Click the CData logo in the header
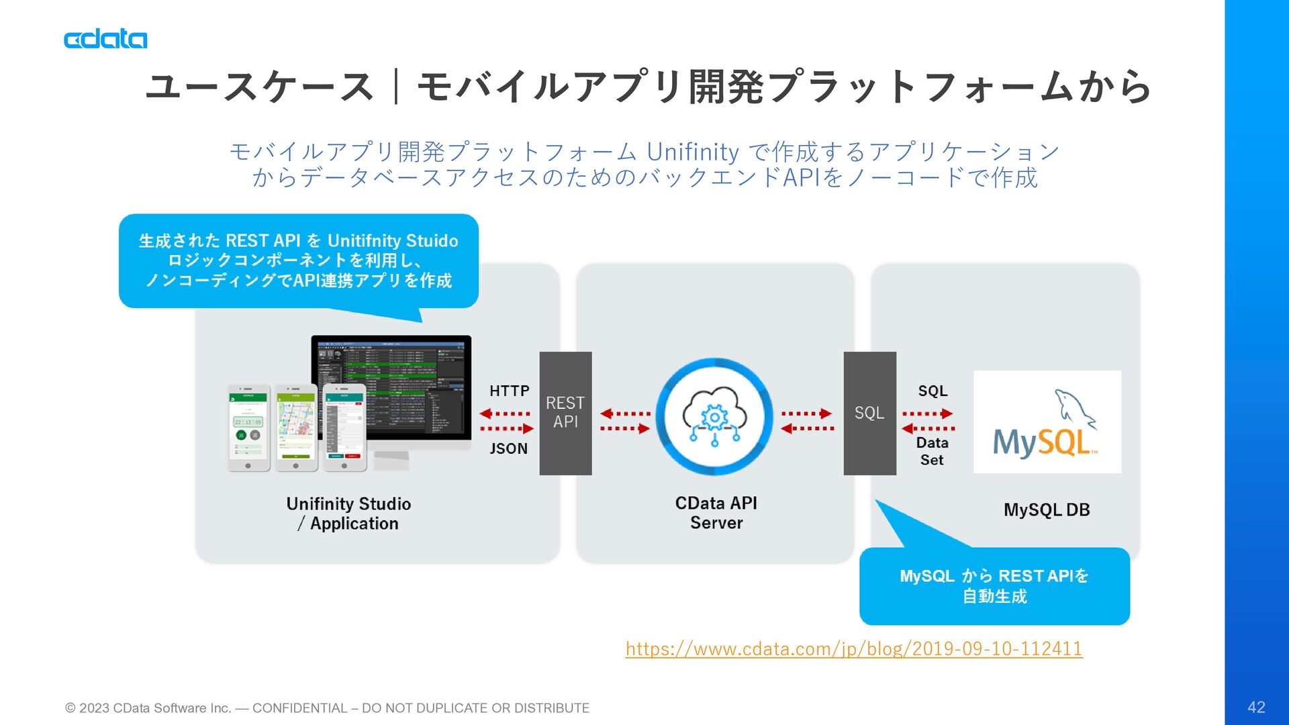(x=105, y=39)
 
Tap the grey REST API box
(x=565, y=413)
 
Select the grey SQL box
(x=869, y=413)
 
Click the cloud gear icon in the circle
(x=714, y=417)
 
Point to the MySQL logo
(x=1047, y=422)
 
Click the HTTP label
(x=509, y=391)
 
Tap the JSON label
(x=508, y=448)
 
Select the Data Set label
(x=932, y=451)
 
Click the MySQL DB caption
(x=1046, y=510)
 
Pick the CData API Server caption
(x=716, y=513)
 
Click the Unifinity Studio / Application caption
(x=348, y=514)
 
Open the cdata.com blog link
(x=853, y=648)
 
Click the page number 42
(x=1256, y=707)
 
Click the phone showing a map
(x=296, y=427)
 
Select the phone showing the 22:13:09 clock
(x=248, y=427)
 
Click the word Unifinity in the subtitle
(x=692, y=152)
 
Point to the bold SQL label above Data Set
(x=933, y=391)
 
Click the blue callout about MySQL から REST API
(x=994, y=586)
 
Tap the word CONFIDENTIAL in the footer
(x=299, y=708)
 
